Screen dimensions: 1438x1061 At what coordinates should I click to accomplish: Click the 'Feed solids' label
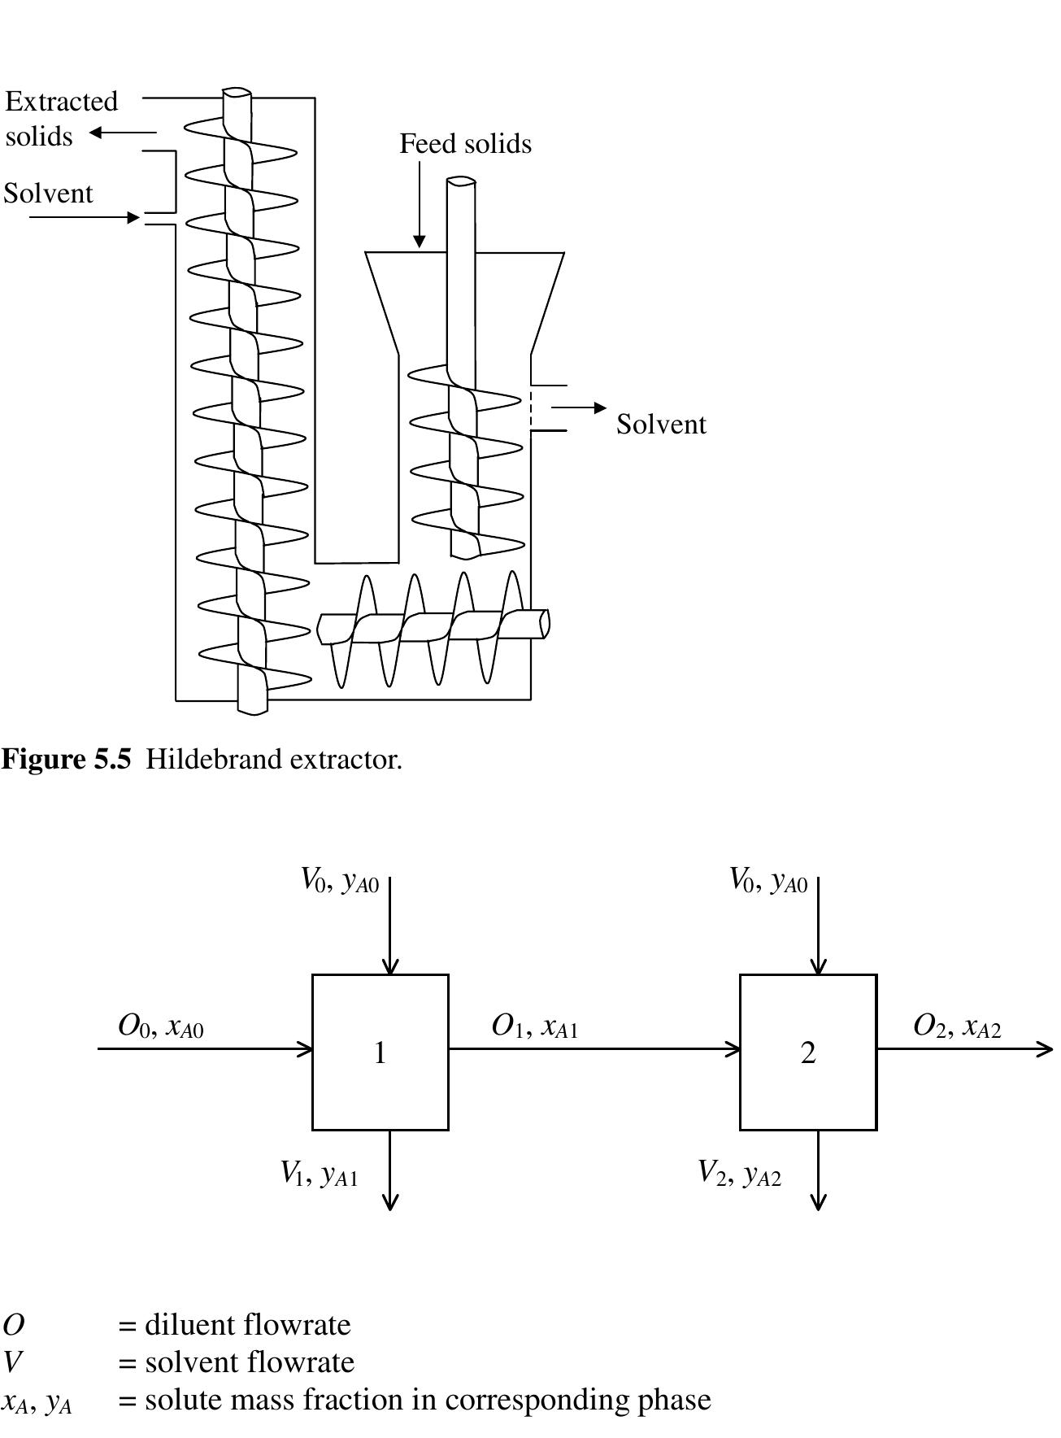click(x=465, y=144)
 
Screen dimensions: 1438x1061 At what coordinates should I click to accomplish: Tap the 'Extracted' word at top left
click(x=62, y=102)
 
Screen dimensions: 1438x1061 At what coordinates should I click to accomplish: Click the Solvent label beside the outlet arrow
click(x=661, y=425)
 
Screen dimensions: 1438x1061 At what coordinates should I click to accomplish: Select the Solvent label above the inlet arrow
click(x=49, y=194)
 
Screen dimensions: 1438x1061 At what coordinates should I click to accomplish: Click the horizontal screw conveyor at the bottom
click(x=431, y=628)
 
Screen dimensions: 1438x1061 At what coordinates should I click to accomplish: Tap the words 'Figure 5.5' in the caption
click(x=66, y=760)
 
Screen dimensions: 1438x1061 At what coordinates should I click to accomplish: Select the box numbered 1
click(x=380, y=1052)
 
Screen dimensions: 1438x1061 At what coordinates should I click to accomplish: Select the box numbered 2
click(x=807, y=1052)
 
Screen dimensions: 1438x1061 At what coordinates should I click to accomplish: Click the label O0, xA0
click(x=160, y=1026)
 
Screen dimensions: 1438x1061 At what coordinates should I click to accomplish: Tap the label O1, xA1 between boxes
click(x=534, y=1026)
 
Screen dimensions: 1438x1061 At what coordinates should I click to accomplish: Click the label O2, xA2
click(x=957, y=1026)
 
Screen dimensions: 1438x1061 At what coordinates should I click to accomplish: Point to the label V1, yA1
click(x=319, y=1174)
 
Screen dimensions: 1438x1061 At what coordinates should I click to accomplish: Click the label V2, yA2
click(x=739, y=1174)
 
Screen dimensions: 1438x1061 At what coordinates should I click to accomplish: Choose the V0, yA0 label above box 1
click(x=340, y=881)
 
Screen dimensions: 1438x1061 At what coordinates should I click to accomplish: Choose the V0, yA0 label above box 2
click(x=767, y=881)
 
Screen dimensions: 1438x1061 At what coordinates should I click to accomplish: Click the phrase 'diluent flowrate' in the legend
click(x=247, y=1325)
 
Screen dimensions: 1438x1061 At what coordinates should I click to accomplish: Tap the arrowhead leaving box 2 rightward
click(x=1046, y=1049)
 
